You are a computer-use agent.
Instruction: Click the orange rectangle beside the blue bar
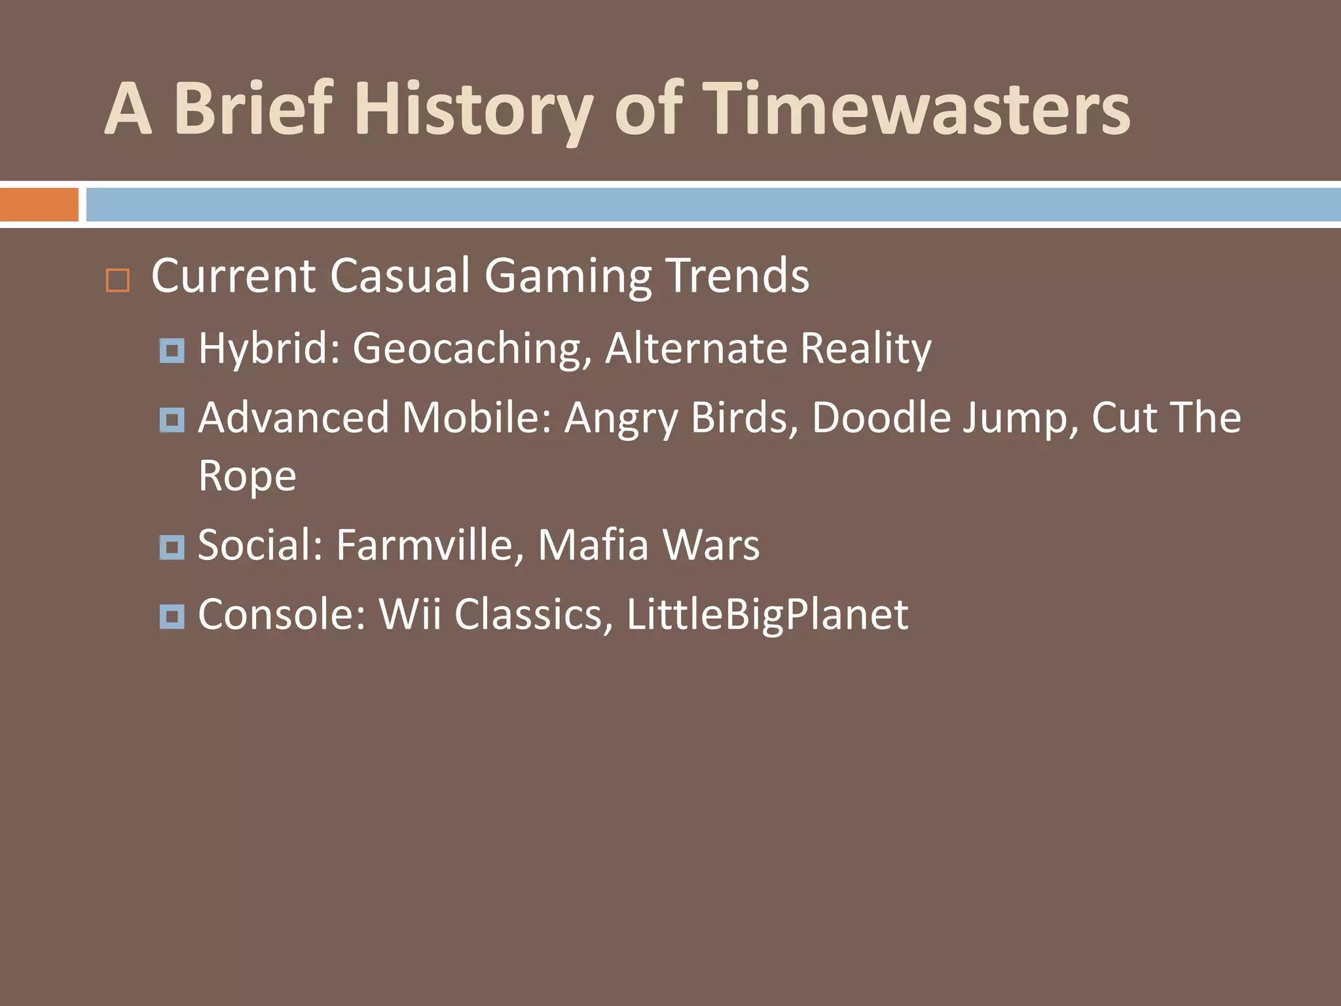click(39, 204)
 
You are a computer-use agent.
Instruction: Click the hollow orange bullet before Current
click(118, 280)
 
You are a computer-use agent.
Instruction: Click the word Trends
click(737, 275)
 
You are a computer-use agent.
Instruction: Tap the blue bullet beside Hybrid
click(172, 350)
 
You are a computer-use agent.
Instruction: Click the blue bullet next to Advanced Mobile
click(172, 420)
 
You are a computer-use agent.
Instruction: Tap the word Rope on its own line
click(247, 476)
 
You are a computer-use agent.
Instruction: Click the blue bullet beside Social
click(172, 547)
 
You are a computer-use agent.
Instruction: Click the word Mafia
click(593, 545)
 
